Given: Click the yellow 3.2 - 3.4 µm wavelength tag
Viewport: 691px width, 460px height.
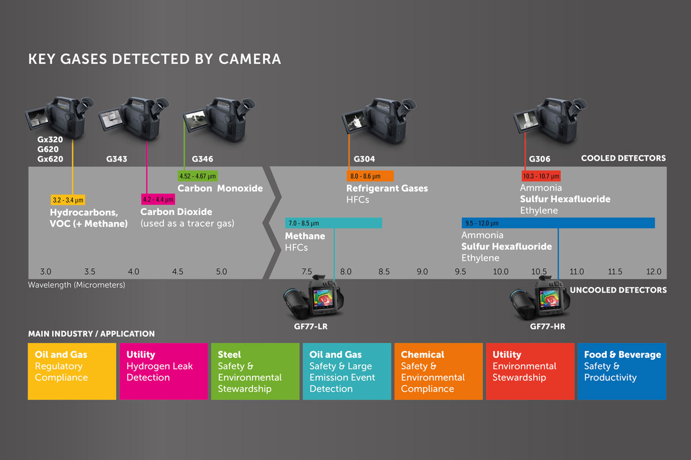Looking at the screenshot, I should (68, 200).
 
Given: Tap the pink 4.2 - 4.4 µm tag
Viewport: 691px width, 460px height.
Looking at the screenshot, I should (158, 199).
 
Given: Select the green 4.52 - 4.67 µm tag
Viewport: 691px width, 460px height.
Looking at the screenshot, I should (198, 176).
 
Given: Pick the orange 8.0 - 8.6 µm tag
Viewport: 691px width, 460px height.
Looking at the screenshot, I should (370, 176).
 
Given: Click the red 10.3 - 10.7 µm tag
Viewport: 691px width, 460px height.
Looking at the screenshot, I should (541, 176).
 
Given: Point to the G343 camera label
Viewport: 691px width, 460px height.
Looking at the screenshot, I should (116, 159).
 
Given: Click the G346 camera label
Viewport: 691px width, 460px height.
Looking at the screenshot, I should (202, 159).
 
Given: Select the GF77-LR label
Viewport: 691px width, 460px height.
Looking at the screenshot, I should (311, 326).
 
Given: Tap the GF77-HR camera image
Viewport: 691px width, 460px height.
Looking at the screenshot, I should (539, 298).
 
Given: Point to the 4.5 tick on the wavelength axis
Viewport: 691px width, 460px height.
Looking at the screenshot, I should (178, 272).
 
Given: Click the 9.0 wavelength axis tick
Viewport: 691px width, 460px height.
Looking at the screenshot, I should (422, 272).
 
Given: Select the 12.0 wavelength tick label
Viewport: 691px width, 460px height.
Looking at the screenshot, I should (654, 272).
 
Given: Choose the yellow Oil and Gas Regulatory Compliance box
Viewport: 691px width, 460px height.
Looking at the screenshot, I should (72, 371).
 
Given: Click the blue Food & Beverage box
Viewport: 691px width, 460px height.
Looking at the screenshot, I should (622, 371).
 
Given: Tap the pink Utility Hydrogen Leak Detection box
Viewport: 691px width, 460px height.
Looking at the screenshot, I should (163, 371).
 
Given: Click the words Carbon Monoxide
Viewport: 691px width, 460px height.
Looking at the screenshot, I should (220, 188).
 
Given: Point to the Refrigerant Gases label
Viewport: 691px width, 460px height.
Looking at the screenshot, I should (387, 188).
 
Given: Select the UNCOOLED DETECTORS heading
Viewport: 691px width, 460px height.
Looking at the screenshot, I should (618, 290).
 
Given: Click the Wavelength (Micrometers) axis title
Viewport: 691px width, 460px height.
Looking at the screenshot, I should (76, 285).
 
